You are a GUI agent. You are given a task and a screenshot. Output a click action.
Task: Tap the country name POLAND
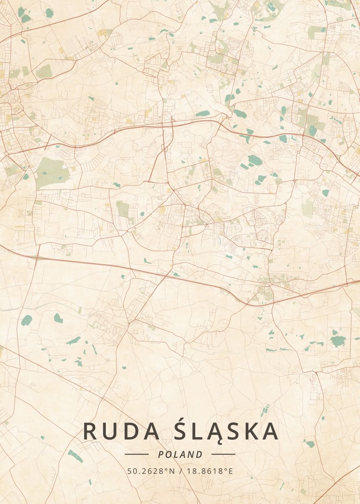coord(180,454)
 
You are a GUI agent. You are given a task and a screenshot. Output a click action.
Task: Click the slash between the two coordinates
coord(180,471)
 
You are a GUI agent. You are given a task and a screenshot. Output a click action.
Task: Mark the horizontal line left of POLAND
coord(137,454)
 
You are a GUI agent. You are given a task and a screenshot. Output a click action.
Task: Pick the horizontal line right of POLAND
coord(223,454)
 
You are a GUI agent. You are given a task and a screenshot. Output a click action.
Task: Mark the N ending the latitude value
coord(172,471)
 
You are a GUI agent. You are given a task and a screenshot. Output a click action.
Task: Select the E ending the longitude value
coord(230,471)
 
